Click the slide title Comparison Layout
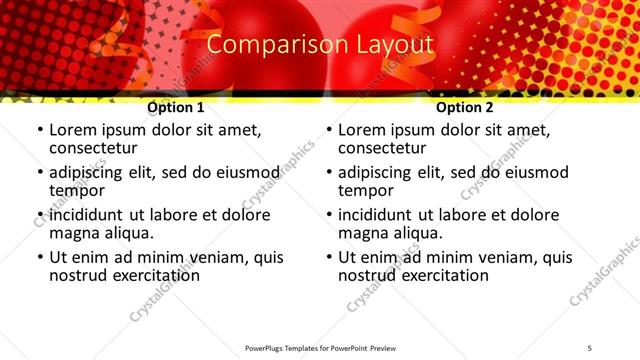click(x=320, y=45)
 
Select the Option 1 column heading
click(x=175, y=107)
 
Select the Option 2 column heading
click(x=464, y=107)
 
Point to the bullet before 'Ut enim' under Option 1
click(x=39, y=257)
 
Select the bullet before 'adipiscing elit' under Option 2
click(x=328, y=172)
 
